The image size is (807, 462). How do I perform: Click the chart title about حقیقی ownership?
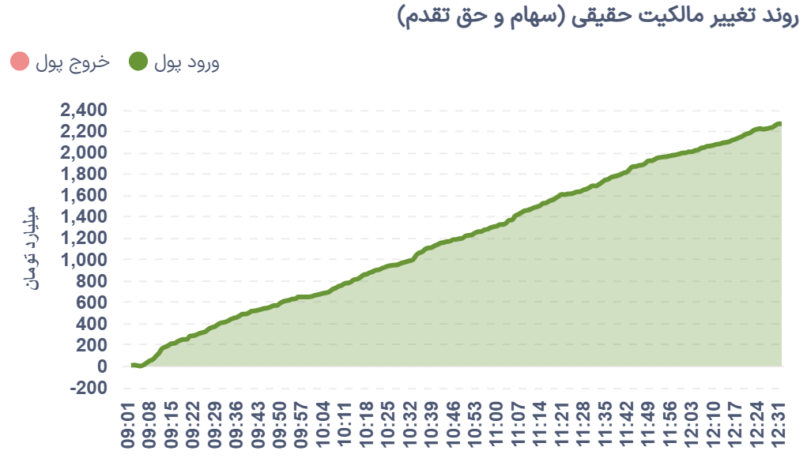(x=598, y=17)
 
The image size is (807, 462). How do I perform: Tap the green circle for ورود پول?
(x=138, y=62)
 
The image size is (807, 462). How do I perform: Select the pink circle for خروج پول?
(x=21, y=62)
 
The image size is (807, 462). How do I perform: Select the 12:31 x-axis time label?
(x=780, y=426)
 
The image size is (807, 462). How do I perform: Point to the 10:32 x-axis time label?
(x=410, y=426)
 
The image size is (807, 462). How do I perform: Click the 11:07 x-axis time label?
(x=520, y=426)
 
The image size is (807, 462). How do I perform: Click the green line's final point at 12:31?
(x=780, y=123)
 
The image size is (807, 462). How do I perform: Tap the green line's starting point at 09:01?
(x=132, y=365)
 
